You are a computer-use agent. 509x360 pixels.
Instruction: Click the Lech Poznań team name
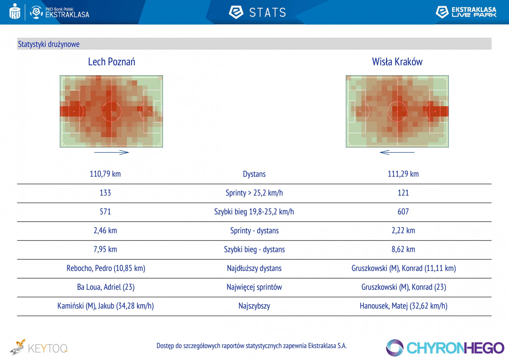coord(111,62)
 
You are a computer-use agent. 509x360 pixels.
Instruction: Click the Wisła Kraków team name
coord(397,62)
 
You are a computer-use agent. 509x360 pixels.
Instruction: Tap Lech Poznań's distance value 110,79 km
coord(105,174)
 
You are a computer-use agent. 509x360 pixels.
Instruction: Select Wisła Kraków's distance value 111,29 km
coord(403,174)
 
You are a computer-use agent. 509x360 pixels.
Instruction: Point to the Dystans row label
coord(254,174)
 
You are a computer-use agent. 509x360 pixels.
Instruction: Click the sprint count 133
coord(105,193)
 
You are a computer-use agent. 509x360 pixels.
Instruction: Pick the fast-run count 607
coord(403,212)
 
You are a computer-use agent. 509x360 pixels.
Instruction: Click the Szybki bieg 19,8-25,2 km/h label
coord(254,212)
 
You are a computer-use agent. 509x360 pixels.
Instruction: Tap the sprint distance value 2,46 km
coord(105,231)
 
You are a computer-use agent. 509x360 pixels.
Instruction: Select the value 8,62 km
coord(403,249)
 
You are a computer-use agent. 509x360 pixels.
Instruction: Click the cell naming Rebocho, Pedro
coord(106,268)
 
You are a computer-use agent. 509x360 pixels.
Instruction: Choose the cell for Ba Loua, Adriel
coord(106,287)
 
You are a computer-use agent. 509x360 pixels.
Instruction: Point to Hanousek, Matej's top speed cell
coord(403,306)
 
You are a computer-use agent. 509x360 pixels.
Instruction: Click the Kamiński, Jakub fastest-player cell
coord(105,306)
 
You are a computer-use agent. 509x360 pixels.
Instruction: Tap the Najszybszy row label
coord(254,306)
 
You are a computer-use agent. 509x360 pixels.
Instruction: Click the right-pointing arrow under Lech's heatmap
coord(111,152)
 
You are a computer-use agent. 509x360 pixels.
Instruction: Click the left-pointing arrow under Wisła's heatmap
coord(397,152)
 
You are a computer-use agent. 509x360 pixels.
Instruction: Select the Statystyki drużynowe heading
coord(49,44)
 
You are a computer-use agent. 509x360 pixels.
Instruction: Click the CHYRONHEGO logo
coord(445,348)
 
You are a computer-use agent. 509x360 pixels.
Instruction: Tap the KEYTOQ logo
coord(39,348)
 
